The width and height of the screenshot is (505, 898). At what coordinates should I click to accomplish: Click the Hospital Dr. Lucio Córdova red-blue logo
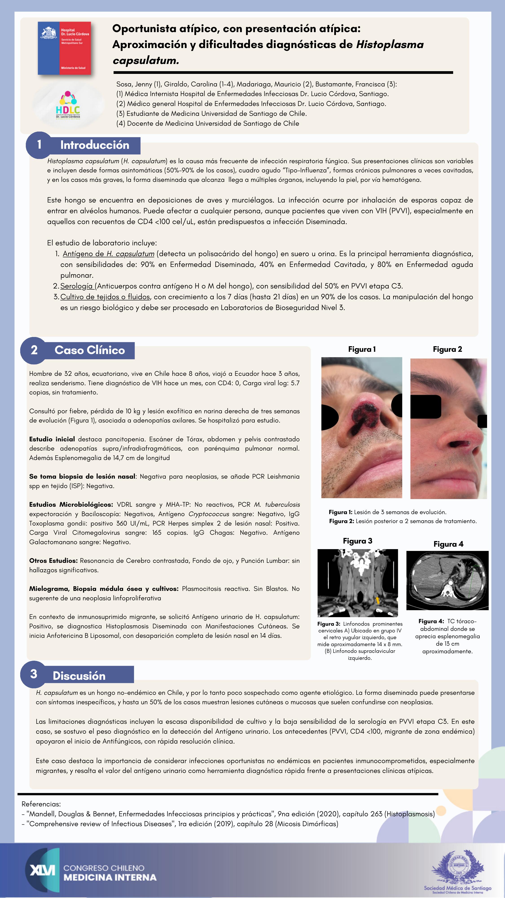[64, 48]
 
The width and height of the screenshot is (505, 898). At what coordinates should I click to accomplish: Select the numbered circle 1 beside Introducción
[39, 144]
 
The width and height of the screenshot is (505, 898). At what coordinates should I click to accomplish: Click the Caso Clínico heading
[90, 350]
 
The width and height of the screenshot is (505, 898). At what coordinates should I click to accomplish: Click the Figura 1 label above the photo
[362, 349]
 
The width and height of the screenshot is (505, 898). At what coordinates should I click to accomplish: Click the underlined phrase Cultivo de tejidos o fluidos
[105, 297]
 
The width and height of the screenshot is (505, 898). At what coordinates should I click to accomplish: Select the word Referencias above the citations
[41, 804]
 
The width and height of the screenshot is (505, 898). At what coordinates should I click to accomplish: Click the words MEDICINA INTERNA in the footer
[110, 877]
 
